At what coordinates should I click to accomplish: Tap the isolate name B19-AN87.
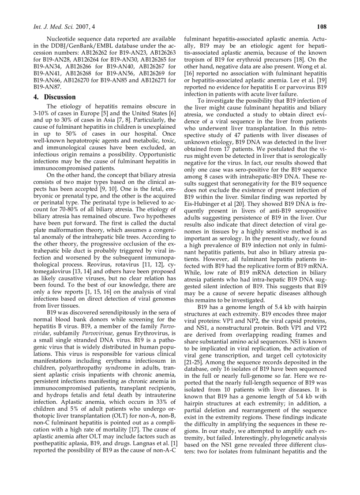(48, 87)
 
